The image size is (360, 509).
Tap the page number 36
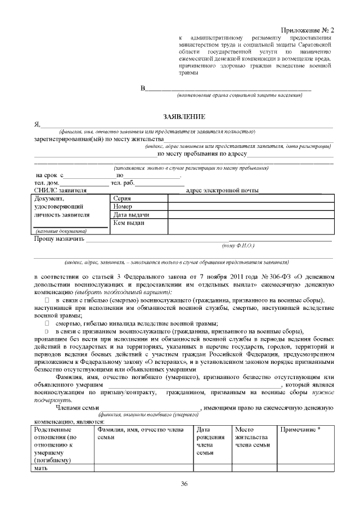point(184,484)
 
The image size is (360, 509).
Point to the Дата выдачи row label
point(130,215)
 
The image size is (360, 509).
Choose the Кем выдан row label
point(129,223)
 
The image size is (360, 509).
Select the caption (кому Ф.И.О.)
point(239,246)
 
